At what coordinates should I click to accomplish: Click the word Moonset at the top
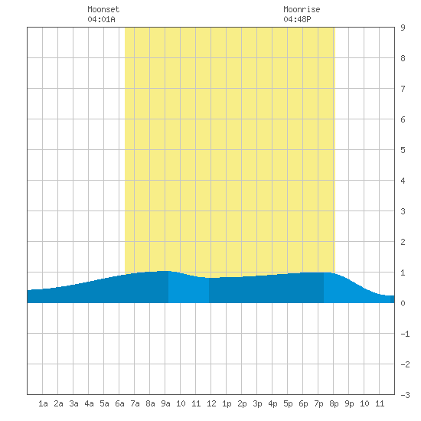tap(103, 9)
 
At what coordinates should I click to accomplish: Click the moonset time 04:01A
tap(101, 19)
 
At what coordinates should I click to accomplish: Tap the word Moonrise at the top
tap(302, 9)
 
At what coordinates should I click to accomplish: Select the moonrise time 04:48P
tap(297, 19)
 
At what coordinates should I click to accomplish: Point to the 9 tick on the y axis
tap(403, 28)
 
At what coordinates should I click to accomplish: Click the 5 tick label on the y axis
tap(403, 150)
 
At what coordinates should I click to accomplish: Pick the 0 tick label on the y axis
tap(403, 303)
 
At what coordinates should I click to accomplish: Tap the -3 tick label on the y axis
tap(405, 395)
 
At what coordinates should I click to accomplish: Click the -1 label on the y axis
tap(405, 334)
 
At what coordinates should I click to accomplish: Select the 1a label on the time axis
tap(43, 403)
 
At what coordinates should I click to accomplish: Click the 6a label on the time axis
tap(119, 403)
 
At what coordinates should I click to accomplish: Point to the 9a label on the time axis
tap(165, 403)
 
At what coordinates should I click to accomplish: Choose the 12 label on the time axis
tap(211, 403)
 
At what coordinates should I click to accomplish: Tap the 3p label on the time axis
tap(257, 403)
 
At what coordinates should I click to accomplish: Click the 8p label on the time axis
tap(334, 403)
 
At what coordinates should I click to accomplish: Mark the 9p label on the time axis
tap(349, 403)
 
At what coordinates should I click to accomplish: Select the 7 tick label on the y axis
tap(403, 89)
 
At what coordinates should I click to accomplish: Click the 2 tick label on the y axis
tap(403, 242)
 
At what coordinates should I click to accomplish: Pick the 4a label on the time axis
tap(89, 403)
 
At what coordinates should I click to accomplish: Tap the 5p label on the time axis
tap(288, 403)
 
